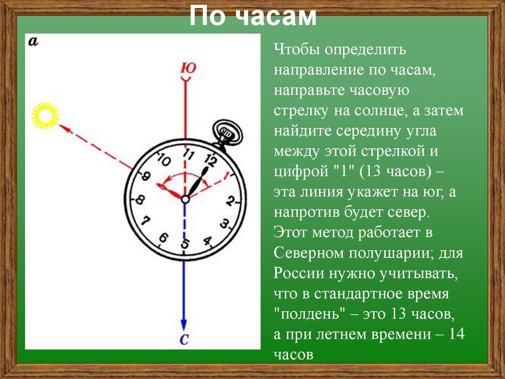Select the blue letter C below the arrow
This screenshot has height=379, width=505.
pos(183,339)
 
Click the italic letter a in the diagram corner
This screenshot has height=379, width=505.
pos(34,42)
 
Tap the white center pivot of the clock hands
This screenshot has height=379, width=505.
pos(184,199)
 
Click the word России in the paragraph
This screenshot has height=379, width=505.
pos(297,273)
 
